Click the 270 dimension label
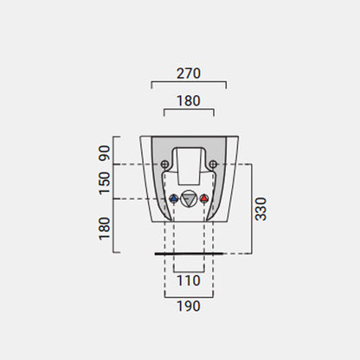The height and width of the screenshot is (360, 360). click(x=189, y=74)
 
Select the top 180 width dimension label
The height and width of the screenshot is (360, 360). click(x=189, y=101)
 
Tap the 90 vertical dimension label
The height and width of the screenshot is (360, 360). click(x=105, y=153)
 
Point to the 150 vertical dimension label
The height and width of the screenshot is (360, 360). click(x=105, y=183)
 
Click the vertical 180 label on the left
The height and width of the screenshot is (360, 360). click(x=105, y=228)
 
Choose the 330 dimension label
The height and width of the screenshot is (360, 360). click(x=260, y=209)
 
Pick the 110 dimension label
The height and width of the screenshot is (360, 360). click(x=189, y=280)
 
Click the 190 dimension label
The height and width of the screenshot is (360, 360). click(x=189, y=306)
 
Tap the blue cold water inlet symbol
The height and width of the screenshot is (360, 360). click(x=174, y=198)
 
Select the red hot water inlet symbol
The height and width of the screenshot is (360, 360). click(x=204, y=198)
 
